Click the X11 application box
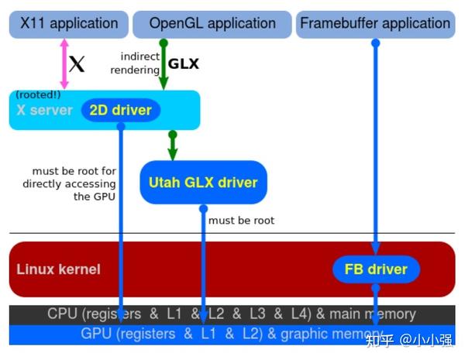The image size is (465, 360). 64,24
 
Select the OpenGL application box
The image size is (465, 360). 212,24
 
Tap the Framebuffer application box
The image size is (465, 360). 375,24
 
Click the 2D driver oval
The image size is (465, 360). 120,110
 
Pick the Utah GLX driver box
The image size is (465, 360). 203,183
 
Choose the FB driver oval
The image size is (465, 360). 376,269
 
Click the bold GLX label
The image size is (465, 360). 184,64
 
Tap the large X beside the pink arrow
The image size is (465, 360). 76,64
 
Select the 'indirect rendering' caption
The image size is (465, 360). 139,63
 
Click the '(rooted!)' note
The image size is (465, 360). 37,94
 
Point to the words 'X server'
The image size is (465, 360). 44,111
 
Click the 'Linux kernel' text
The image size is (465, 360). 58,269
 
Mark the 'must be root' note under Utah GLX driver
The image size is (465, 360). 241,221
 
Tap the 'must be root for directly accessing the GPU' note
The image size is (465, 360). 70,183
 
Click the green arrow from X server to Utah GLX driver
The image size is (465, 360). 172,144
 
